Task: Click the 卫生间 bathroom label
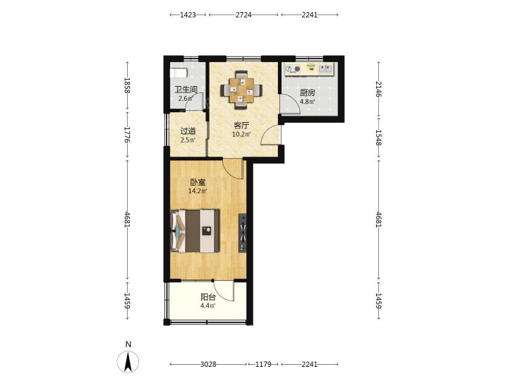coord(186,89)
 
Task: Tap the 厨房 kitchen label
coord(307,92)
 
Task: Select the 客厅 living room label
coord(241,126)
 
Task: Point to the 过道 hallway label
coord(188,131)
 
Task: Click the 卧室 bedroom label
coord(198,183)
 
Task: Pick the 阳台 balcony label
coord(208,297)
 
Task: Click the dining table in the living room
coord(241,90)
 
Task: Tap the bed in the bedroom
coord(195,231)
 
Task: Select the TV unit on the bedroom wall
coord(242,233)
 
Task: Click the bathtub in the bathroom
coord(179,73)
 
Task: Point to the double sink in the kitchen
coord(326,68)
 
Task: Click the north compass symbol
coord(128,361)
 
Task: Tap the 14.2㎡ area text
coord(198,191)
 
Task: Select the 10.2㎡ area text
coord(241,134)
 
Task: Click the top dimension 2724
coord(243,15)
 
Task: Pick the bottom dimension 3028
coord(208,365)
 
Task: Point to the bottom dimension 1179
coord(263,365)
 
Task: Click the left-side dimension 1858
coord(127,85)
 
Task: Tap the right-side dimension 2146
coord(379,89)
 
